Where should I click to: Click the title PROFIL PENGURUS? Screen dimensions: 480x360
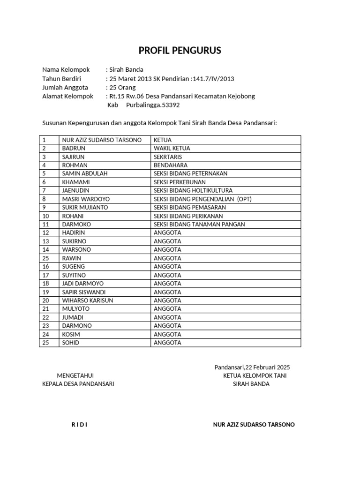(180, 51)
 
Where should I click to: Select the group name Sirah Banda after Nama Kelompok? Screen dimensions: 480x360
(126, 70)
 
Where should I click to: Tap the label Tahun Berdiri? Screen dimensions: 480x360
(62, 79)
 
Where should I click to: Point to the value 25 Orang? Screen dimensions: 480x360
(122, 88)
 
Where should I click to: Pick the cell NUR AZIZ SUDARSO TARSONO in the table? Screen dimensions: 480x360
(102, 140)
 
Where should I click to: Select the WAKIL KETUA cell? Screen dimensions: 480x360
(172, 148)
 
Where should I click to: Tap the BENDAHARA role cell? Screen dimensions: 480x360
(171, 165)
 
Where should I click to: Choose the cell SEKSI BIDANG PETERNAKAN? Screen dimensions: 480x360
(190, 173)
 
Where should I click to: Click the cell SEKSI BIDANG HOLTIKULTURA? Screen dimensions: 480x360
(193, 190)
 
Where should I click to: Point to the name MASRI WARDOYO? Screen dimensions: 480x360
(86, 199)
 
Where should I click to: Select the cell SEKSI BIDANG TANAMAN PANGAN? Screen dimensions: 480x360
(199, 224)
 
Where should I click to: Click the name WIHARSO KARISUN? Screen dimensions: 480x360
(88, 300)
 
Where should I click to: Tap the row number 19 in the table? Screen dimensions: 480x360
(45, 292)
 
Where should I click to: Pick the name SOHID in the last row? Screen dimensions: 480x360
(70, 343)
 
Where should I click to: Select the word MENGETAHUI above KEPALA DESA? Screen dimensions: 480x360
(75, 375)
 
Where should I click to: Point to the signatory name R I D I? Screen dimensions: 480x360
(79, 425)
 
